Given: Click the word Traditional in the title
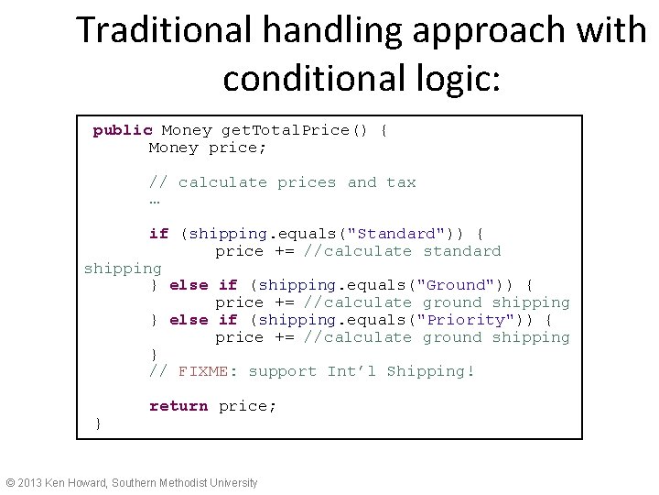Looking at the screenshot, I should [x=164, y=30].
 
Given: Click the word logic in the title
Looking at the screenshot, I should [x=451, y=79].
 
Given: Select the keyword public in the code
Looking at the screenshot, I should [x=122, y=130].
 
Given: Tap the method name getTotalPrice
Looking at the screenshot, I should [x=285, y=130].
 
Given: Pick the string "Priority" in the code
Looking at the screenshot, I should [x=478, y=320].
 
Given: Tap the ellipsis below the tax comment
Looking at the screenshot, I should [x=155, y=200].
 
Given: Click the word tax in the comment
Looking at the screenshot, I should [x=401, y=182].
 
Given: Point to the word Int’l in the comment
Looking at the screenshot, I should [x=351, y=371].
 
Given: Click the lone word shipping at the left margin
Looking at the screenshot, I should [x=123, y=269].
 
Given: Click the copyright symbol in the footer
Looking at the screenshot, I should [x=10, y=483].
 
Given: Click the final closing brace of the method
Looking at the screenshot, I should [x=98, y=423].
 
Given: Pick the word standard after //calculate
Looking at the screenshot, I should [x=461, y=251].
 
